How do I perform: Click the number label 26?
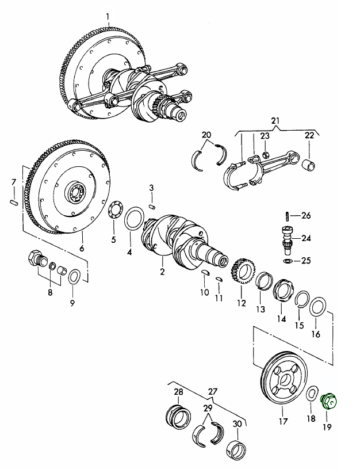point(306,216)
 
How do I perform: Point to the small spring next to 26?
point(286,216)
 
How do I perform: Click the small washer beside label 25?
point(286,261)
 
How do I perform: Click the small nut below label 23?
point(266,155)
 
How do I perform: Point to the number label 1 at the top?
point(107,14)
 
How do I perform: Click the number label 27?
point(213,391)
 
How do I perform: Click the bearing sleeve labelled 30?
point(236,449)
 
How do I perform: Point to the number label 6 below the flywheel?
point(81,249)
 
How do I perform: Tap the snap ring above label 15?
point(300,299)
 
